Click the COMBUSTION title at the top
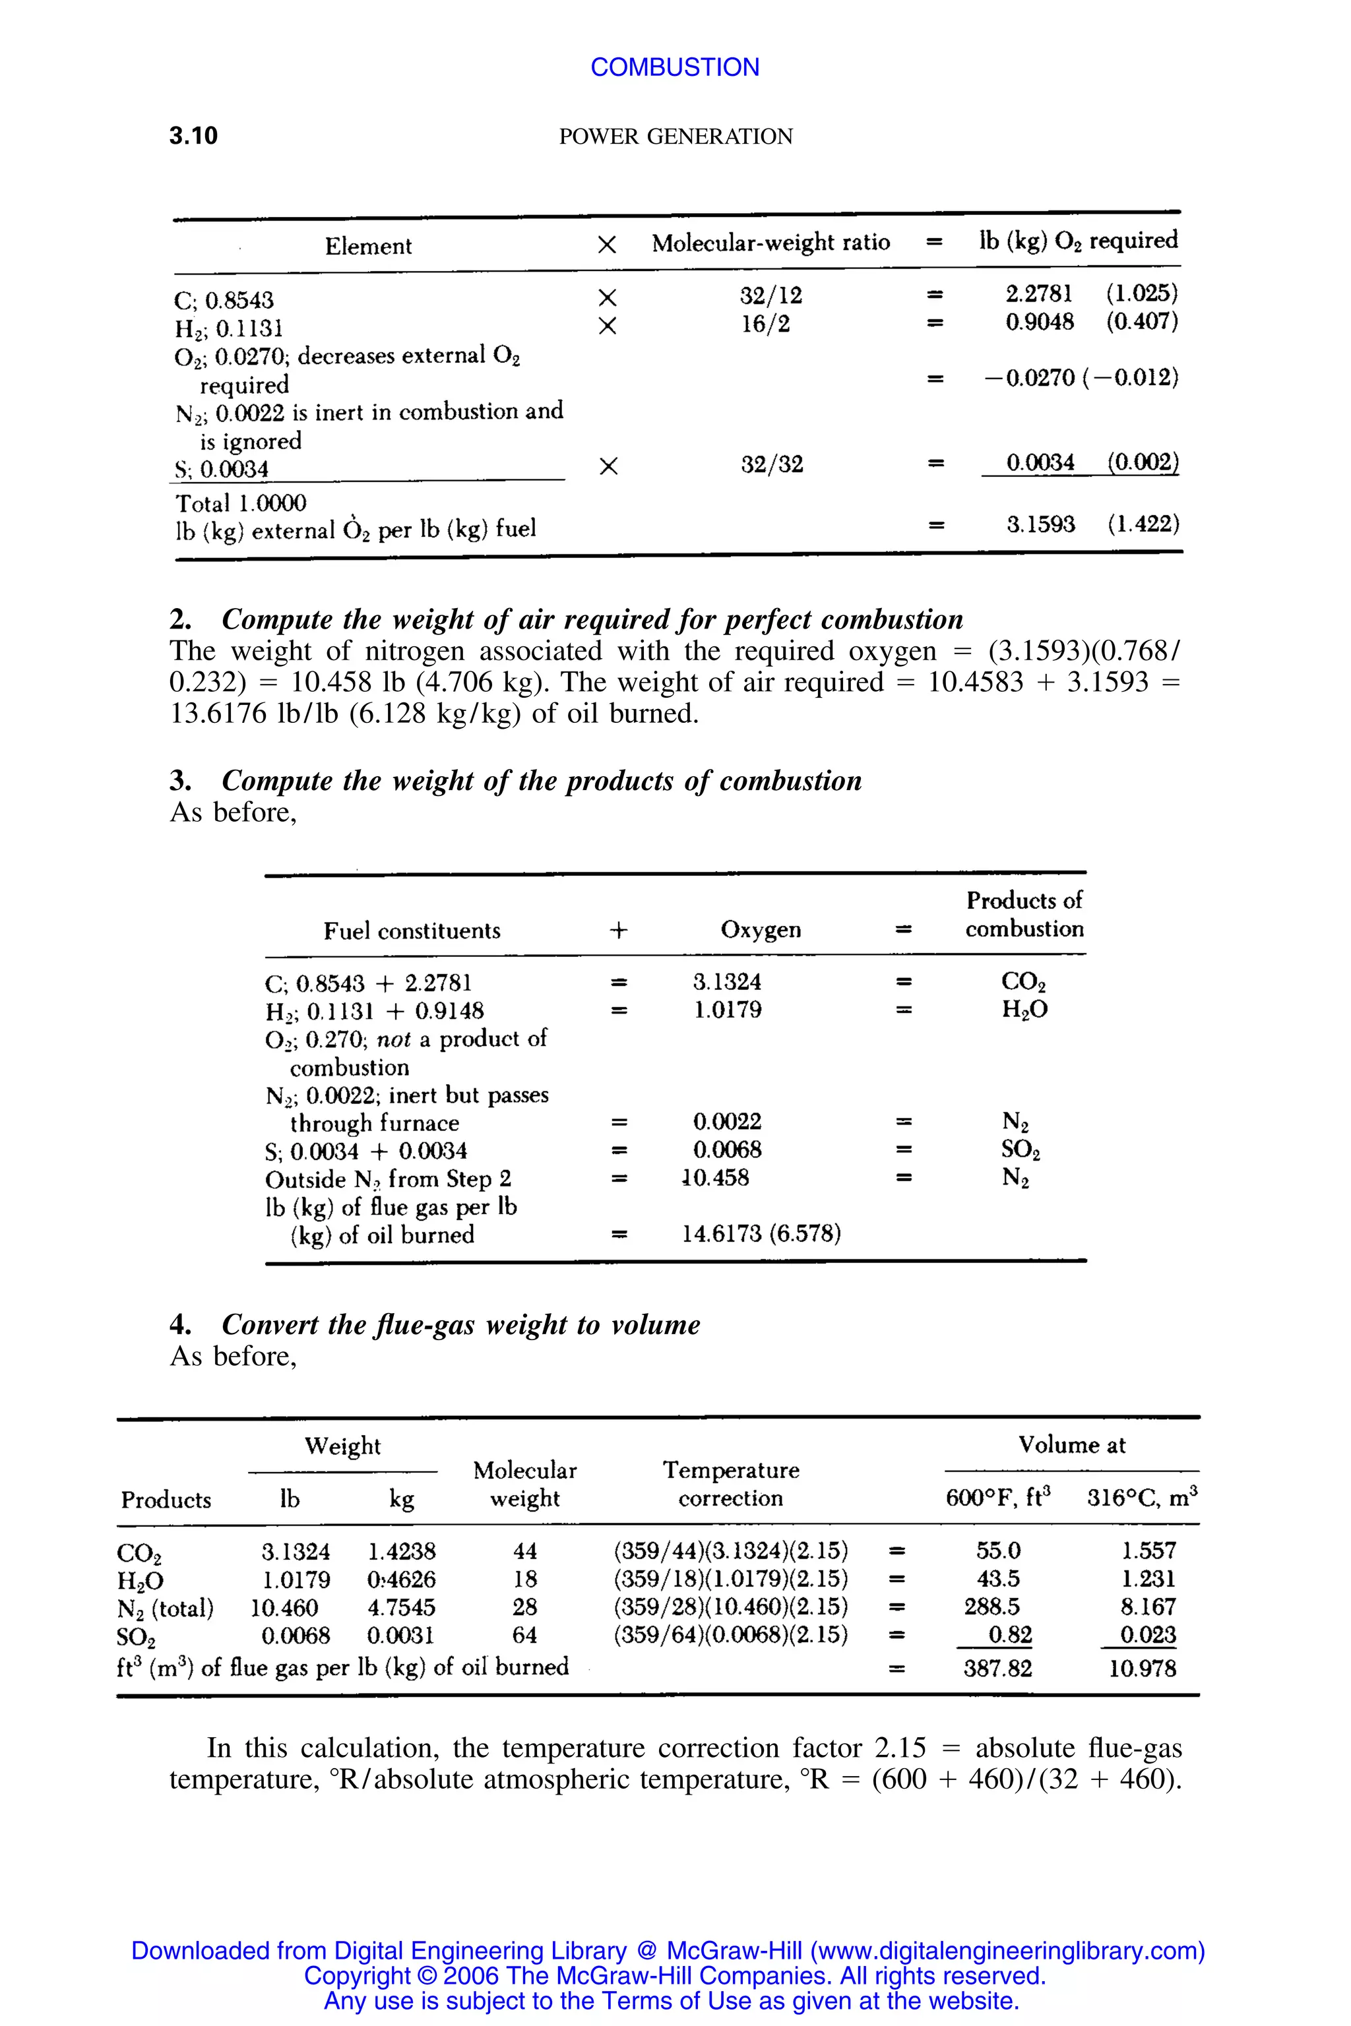[x=675, y=67]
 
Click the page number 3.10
[x=193, y=136]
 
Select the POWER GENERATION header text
[x=675, y=137]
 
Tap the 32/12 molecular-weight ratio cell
[x=771, y=295]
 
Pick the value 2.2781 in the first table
[x=1039, y=293]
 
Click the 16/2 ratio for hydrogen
[x=766, y=324]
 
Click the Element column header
[x=368, y=247]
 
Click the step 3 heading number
[x=179, y=780]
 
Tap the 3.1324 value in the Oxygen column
[x=727, y=982]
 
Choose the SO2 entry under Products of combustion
[x=1021, y=1151]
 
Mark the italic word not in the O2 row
[x=394, y=1039]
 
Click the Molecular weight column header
[x=524, y=1483]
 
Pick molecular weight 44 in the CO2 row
[x=524, y=1551]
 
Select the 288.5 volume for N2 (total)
[x=991, y=1607]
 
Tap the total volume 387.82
[x=997, y=1669]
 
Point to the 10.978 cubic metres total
[x=1142, y=1669]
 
